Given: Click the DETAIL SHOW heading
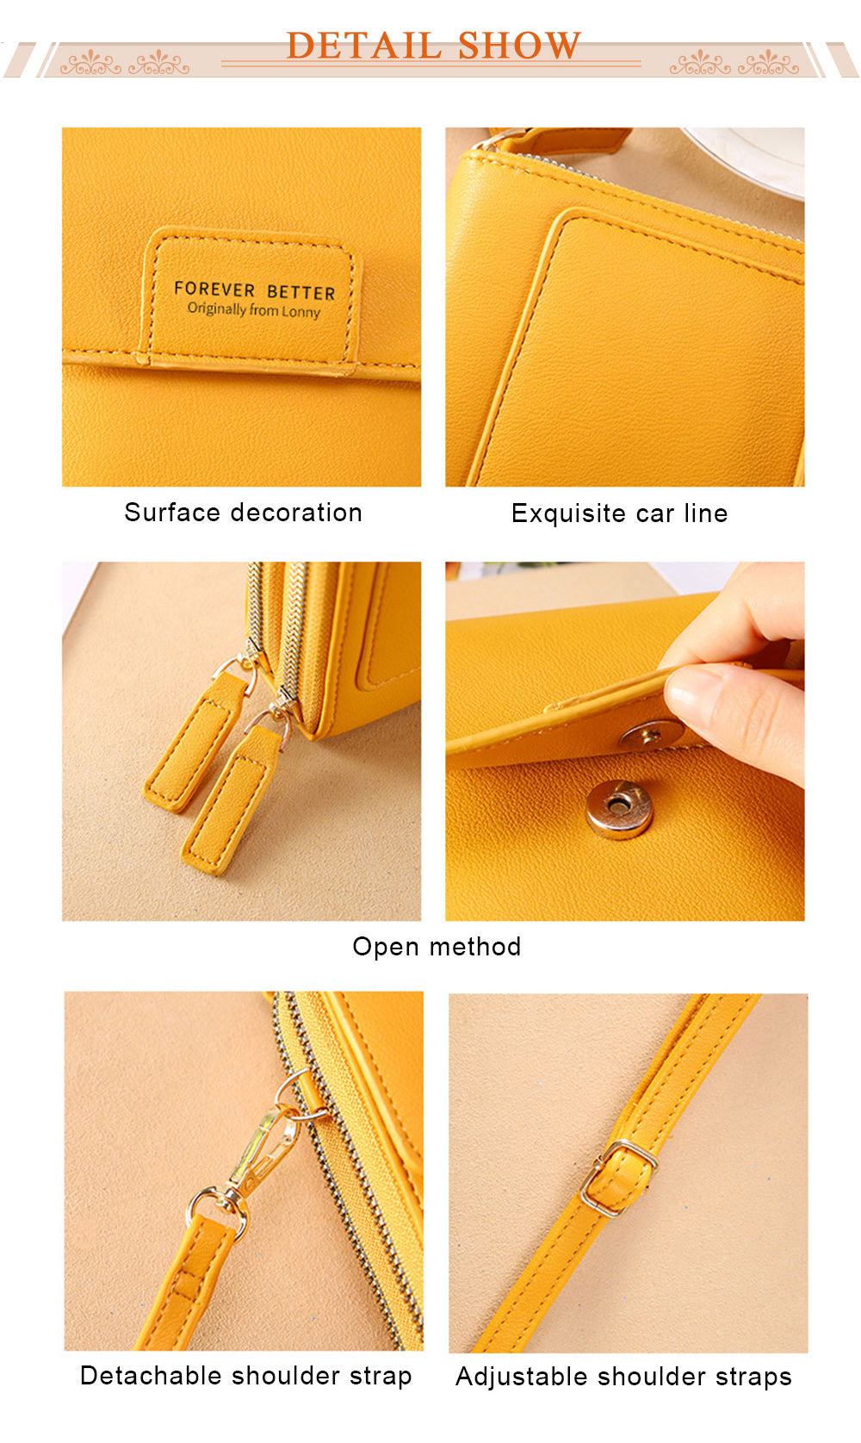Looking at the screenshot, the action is (x=433, y=46).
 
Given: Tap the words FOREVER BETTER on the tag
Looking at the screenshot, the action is (x=254, y=290).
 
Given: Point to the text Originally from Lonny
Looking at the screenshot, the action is (x=254, y=310).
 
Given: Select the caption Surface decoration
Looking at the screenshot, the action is (x=244, y=513).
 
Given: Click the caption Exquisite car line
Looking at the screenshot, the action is (x=620, y=513).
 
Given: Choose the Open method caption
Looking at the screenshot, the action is (x=437, y=946).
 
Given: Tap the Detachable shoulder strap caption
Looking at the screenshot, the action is (x=246, y=1375).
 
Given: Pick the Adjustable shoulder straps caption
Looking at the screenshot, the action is (x=623, y=1377).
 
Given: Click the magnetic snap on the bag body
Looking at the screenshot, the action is (x=619, y=808).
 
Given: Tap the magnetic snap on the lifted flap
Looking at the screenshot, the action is (x=649, y=735).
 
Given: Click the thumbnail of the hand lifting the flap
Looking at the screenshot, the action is (x=625, y=741).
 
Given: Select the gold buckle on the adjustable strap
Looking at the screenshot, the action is (x=618, y=1178).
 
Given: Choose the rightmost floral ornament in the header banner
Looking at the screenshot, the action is (x=768, y=63).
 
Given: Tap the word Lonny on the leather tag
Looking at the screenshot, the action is (x=300, y=313).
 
